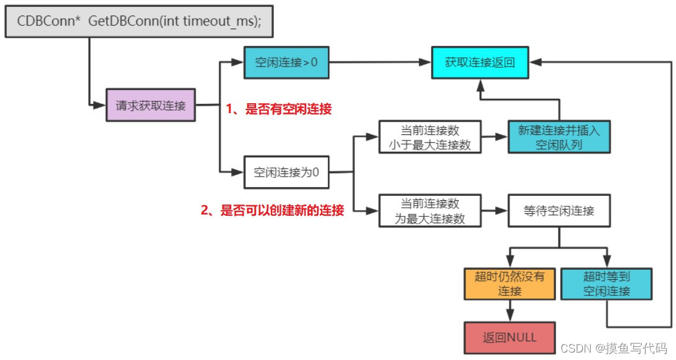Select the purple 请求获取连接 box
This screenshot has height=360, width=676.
tap(151, 106)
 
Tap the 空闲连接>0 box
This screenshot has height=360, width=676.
tap(285, 62)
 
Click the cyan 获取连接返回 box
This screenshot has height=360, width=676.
tap(480, 62)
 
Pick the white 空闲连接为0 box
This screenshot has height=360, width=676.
tap(286, 172)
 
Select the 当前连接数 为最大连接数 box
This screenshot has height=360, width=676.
tap(430, 211)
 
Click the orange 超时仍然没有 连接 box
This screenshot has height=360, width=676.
tap(509, 284)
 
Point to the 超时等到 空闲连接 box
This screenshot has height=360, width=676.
tap(606, 284)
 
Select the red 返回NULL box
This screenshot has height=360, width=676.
tap(509, 338)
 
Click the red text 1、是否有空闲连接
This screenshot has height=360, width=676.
tap(278, 109)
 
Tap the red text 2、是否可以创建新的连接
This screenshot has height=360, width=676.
tap(272, 211)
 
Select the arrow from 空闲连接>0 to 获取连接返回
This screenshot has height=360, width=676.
tap(379, 62)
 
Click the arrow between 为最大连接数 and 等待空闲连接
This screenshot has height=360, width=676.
tap(494, 211)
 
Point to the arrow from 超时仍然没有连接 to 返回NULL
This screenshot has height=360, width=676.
tap(509, 310)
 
